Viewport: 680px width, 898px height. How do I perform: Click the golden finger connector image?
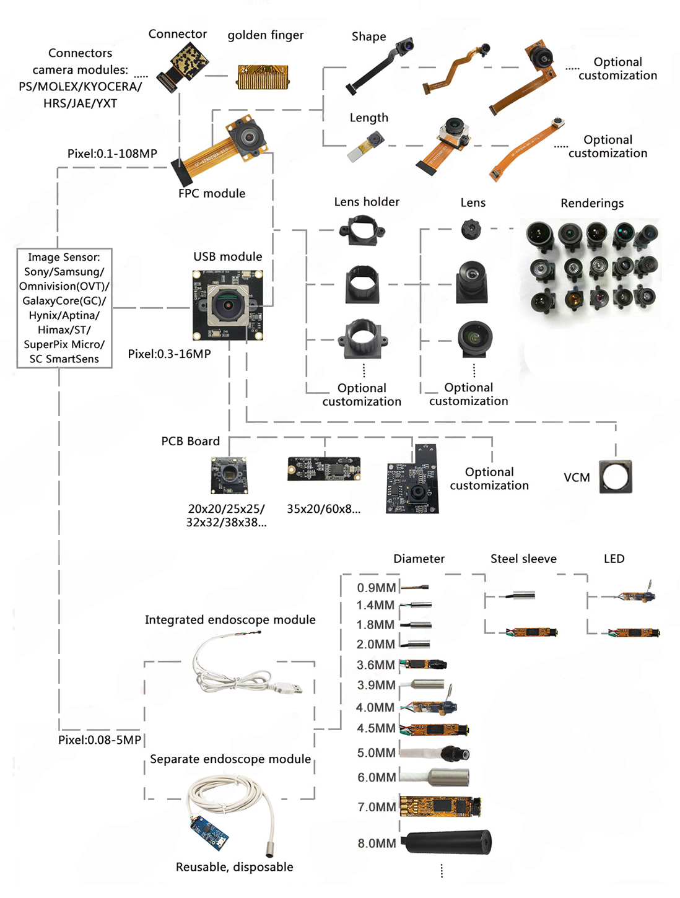click(x=263, y=77)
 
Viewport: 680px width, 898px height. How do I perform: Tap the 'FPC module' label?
click(x=212, y=193)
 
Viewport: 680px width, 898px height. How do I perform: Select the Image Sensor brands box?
click(x=64, y=308)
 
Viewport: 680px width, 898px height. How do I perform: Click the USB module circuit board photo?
click(x=227, y=305)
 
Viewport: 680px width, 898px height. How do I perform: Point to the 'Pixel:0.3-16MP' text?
click(x=169, y=354)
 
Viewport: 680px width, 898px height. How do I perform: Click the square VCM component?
click(x=616, y=477)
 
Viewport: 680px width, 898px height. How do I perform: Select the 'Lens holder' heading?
click(x=367, y=202)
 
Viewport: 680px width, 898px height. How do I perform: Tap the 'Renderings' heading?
click(x=592, y=203)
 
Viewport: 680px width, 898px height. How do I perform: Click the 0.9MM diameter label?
click(x=376, y=588)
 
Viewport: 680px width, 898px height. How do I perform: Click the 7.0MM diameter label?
click(x=377, y=807)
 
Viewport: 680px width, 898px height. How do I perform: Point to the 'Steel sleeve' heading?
click(x=523, y=559)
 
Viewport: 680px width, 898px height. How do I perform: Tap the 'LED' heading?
click(x=614, y=559)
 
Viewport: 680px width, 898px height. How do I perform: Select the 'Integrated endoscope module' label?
click(x=230, y=620)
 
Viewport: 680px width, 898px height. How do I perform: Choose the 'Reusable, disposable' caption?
click(x=234, y=867)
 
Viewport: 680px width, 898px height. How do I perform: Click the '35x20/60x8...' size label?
click(x=323, y=509)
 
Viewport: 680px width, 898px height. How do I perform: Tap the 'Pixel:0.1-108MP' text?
click(x=112, y=154)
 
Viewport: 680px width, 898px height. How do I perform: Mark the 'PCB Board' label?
click(x=190, y=441)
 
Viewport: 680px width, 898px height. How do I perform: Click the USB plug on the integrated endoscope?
click(x=290, y=687)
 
